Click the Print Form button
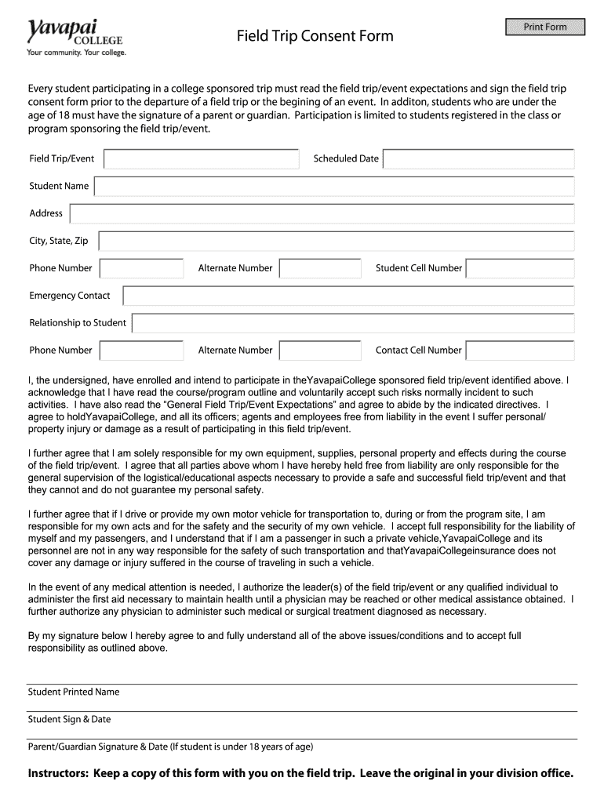tap(545, 27)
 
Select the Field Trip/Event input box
tap(201, 159)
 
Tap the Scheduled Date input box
tap(478, 159)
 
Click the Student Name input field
tap(334, 187)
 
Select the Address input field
tap(322, 213)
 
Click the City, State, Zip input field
tap(337, 241)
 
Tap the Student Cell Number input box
tap(519, 268)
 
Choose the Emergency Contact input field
tap(348, 296)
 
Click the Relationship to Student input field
tap(353, 323)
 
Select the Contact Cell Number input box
tap(519, 351)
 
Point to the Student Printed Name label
tap(74, 692)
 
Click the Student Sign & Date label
tap(69, 720)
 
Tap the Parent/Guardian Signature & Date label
tap(170, 747)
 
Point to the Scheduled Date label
tap(346, 159)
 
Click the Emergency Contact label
tap(70, 296)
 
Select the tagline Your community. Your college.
tap(76, 53)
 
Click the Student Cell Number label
tap(419, 268)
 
